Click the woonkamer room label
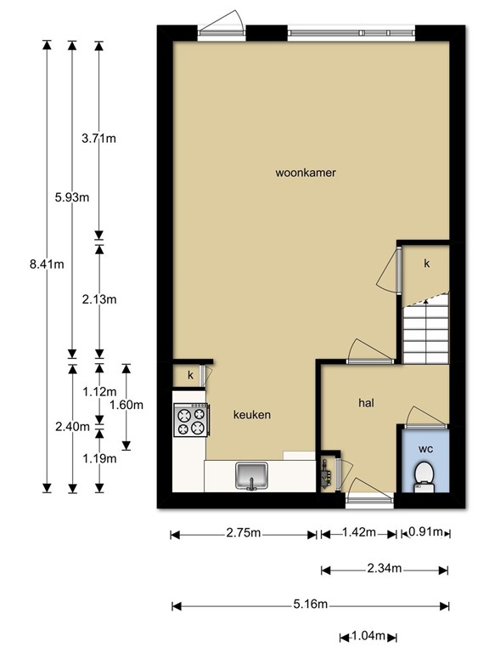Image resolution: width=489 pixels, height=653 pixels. (x=306, y=173)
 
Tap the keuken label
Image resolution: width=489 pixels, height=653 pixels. (x=252, y=415)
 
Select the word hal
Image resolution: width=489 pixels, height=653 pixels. (x=367, y=404)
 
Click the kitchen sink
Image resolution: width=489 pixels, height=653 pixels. (x=252, y=474)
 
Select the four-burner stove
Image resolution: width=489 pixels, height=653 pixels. (x=191, y=419)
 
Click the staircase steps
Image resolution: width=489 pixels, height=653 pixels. (x=424, y=332)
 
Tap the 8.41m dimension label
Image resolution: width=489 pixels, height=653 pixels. (x=46, y=264)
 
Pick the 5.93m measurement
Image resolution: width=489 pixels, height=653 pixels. (x=71, y=197)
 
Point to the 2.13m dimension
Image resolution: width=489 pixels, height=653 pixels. (x=98, y=299)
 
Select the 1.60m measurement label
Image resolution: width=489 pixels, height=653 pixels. (x=126, y=405)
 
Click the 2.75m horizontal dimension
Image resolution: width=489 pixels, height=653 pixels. (x=243, y=534)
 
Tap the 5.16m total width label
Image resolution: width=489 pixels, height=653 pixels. (x=310, y=605)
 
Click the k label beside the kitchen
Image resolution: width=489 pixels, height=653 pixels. (x=191, y=375)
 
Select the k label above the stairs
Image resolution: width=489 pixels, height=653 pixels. (x=427, y=264)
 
